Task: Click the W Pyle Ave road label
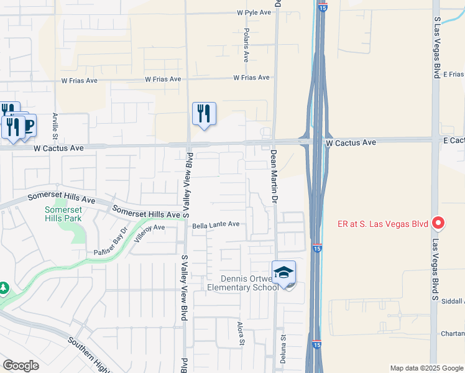click(254, 12)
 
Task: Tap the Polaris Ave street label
click(247, 45)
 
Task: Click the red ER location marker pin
click(438, 223)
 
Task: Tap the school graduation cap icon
click(283, 272)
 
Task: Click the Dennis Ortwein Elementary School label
click(245, 282)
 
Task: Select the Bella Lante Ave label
click(216, 224)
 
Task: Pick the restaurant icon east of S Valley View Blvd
click(204, 114)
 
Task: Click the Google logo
click(21, 366)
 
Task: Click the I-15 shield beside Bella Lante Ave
click(316, 248)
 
